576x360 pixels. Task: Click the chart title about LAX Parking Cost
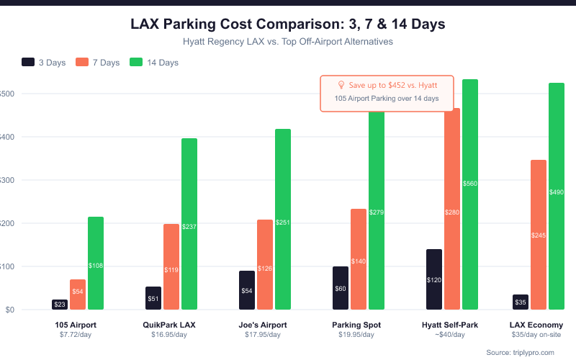click(288, 24)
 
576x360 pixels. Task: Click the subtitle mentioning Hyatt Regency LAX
click(288, 42)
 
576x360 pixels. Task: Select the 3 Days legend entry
click(44, 63)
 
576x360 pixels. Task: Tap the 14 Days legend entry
click(154, 63)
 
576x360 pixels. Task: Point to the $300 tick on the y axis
click(6, 180)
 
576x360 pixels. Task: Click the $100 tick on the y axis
click(6, 266)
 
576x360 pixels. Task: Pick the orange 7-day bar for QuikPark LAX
click(171, 266)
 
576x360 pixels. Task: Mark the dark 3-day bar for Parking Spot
click(341, 288)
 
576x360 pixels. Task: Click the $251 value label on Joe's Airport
click(283, 222)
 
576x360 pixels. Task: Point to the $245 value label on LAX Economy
click(539, 235)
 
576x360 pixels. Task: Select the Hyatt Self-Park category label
click(450, 325)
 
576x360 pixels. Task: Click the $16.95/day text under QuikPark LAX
click(169, 335)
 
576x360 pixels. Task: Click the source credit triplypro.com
click(521, 352)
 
